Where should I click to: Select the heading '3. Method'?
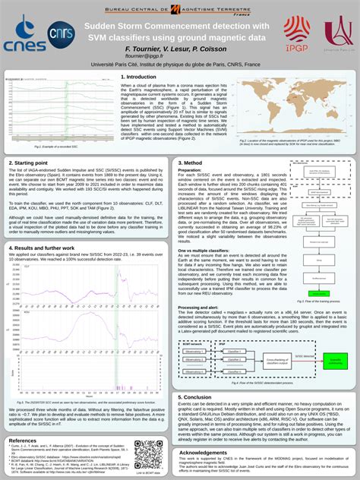pos(190,163)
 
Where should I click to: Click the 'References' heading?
pos(23,441)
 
